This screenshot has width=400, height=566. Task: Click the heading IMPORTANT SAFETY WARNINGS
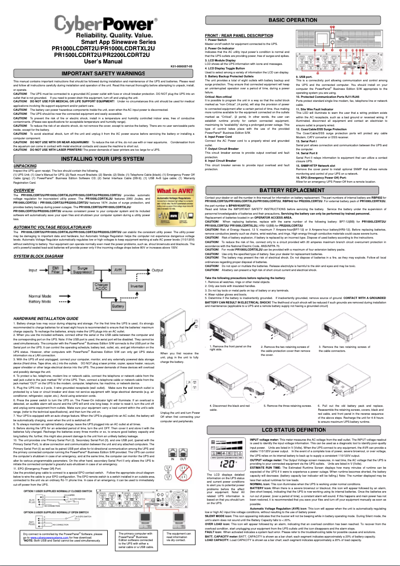pyautogui.click(x=103, y=74)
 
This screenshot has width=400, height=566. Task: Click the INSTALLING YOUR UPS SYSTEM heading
pyautogui.click(x=103, y=159)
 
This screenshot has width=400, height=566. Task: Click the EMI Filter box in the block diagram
pyautogui.click(x=56, y=271)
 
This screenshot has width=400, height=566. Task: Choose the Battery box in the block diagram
pyautogui.click(x=118, y=305)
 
